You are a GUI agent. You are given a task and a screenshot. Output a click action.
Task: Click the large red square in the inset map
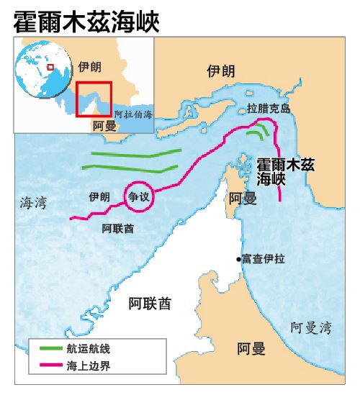94,99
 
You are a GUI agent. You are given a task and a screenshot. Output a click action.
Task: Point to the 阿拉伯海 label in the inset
133,115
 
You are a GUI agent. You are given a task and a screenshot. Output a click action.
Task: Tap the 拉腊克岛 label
268,109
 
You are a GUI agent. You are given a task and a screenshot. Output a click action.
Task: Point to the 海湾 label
33,204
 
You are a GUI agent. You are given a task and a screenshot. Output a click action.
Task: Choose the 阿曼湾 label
311,328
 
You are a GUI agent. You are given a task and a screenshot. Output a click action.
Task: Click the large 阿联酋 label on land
150,303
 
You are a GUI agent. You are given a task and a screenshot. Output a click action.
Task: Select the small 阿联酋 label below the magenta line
118,228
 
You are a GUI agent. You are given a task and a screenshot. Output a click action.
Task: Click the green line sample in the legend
52,349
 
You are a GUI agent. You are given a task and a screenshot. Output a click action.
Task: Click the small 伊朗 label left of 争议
99,196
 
